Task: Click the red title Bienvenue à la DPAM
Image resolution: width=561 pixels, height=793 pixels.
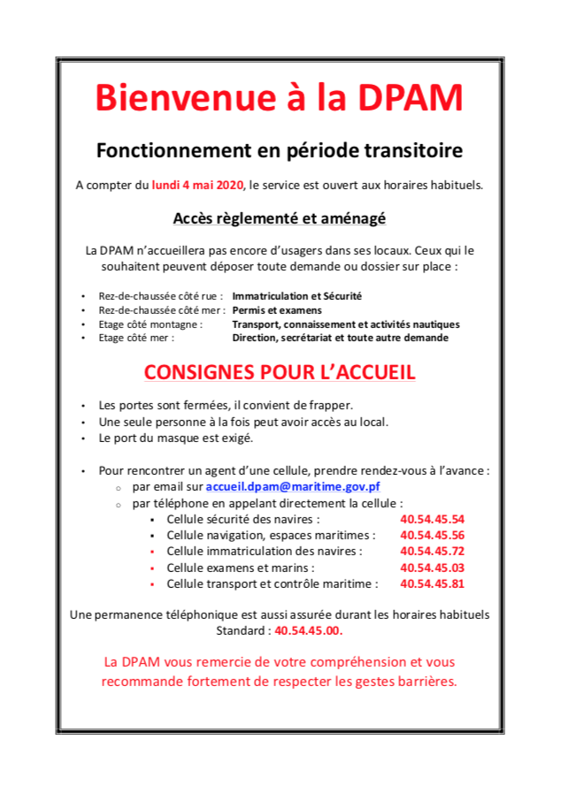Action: [280, 98]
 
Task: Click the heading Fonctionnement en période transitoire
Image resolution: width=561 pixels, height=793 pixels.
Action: [280, 150]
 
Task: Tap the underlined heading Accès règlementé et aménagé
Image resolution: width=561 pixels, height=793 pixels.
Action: [280, 217]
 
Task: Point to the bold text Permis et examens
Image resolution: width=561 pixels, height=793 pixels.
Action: [277, 310]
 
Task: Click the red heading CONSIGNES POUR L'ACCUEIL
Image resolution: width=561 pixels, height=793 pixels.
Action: [280, 372]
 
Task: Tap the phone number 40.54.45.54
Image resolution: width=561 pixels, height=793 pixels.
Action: [432, 519]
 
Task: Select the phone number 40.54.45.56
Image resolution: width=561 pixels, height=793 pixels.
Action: [432, 535]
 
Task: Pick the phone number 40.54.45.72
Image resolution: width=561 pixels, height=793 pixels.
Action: [432, 551]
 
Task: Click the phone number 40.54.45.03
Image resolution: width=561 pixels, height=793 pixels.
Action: [432, 568]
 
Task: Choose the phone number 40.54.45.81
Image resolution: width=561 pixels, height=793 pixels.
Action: [432, 583]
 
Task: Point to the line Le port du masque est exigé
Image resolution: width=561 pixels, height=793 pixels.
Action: [176, 438]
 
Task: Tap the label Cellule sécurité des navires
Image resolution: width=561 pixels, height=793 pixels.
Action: [243, 519]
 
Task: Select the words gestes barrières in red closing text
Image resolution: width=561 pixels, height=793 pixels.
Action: [407, 681]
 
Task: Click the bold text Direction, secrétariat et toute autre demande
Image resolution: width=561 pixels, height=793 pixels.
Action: [340, 337]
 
